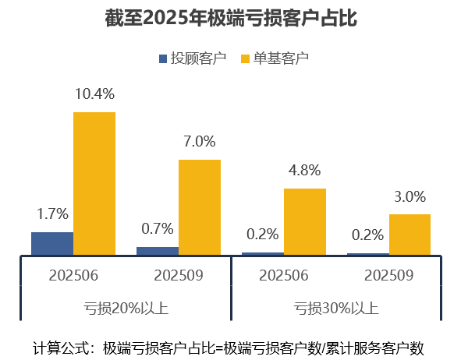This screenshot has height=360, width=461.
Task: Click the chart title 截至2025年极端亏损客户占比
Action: (230, 18)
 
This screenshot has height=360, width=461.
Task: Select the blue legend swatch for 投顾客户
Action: (163, 58)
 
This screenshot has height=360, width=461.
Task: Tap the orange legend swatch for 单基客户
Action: (245, 58)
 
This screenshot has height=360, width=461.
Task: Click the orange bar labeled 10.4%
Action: (94, 183)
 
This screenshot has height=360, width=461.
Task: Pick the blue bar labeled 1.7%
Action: (52, 243)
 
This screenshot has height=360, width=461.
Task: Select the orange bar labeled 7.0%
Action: (200, 206)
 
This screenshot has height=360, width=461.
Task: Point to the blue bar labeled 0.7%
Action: (158, 250)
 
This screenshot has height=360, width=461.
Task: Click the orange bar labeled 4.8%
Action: (305, 221)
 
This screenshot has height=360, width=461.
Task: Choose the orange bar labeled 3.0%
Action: (410, 234)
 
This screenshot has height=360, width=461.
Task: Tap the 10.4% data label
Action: (94, 94)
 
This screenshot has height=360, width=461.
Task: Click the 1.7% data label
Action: (53, 214)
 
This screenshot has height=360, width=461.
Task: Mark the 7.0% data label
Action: (200, 142)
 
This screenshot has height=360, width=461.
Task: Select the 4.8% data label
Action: (305, 171)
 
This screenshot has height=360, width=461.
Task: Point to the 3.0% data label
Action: (410, 196)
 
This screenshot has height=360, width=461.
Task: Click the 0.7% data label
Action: (158, 229)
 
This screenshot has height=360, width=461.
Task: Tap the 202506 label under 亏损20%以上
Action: (73, 275)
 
